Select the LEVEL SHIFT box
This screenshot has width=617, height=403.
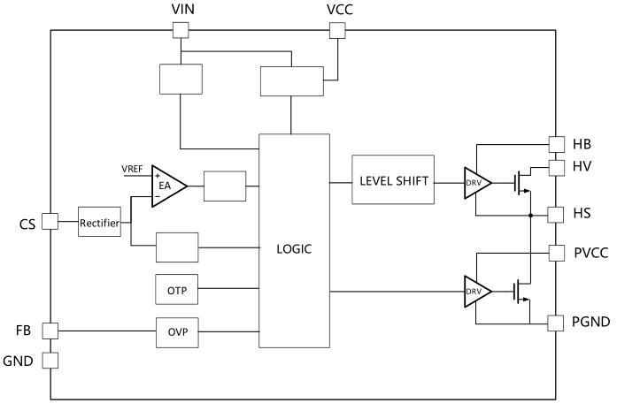point(394,181)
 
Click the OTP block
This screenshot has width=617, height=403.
point(178,289)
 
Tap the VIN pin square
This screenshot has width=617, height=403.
point(180,30)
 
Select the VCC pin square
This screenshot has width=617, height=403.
point(336,30)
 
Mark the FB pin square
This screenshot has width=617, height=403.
point(50,331)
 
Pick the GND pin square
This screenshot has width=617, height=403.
point(50,361)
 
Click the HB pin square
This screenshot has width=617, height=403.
point(556,143)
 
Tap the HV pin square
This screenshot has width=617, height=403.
point(556,167)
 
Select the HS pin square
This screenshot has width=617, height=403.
point(556,214)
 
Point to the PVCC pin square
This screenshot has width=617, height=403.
point(556,253)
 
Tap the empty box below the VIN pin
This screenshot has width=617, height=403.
point(180,79)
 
